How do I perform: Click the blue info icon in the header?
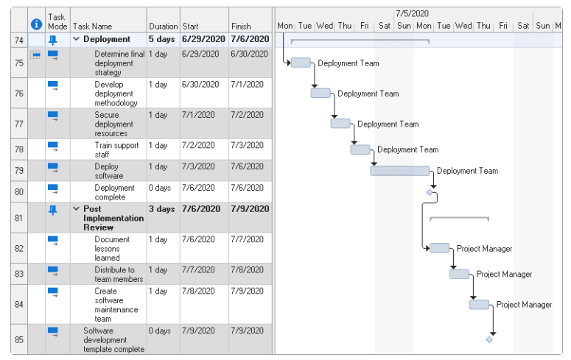[x=36, y=24]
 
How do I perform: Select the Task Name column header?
[x=92, y=27]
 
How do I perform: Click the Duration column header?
[x=163, y=27]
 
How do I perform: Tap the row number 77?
[x=19, y=124]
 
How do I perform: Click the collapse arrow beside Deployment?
[x=76, y=38]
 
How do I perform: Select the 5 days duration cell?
[x=161, y=39]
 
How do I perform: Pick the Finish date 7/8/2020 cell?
[x=248, y=269]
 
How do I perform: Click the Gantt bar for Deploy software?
[x=400, y=171]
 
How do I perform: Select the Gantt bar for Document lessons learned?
[x=440, y=248]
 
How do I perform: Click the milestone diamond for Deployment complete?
[x=430, y=192]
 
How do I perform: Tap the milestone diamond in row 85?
[x=489, y=339]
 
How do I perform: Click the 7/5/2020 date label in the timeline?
[x=412, y=13]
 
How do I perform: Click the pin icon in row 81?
[x=53, y=210]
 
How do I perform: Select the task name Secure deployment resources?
[x=113, y=124]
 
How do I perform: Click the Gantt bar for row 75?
[x=301, y=63]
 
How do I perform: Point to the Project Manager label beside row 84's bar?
[x=524, y=305]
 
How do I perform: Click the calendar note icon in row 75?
[x=35, y=54]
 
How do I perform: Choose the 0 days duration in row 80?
[x=159, y=188]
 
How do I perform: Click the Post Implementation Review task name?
[x=113, y=218]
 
